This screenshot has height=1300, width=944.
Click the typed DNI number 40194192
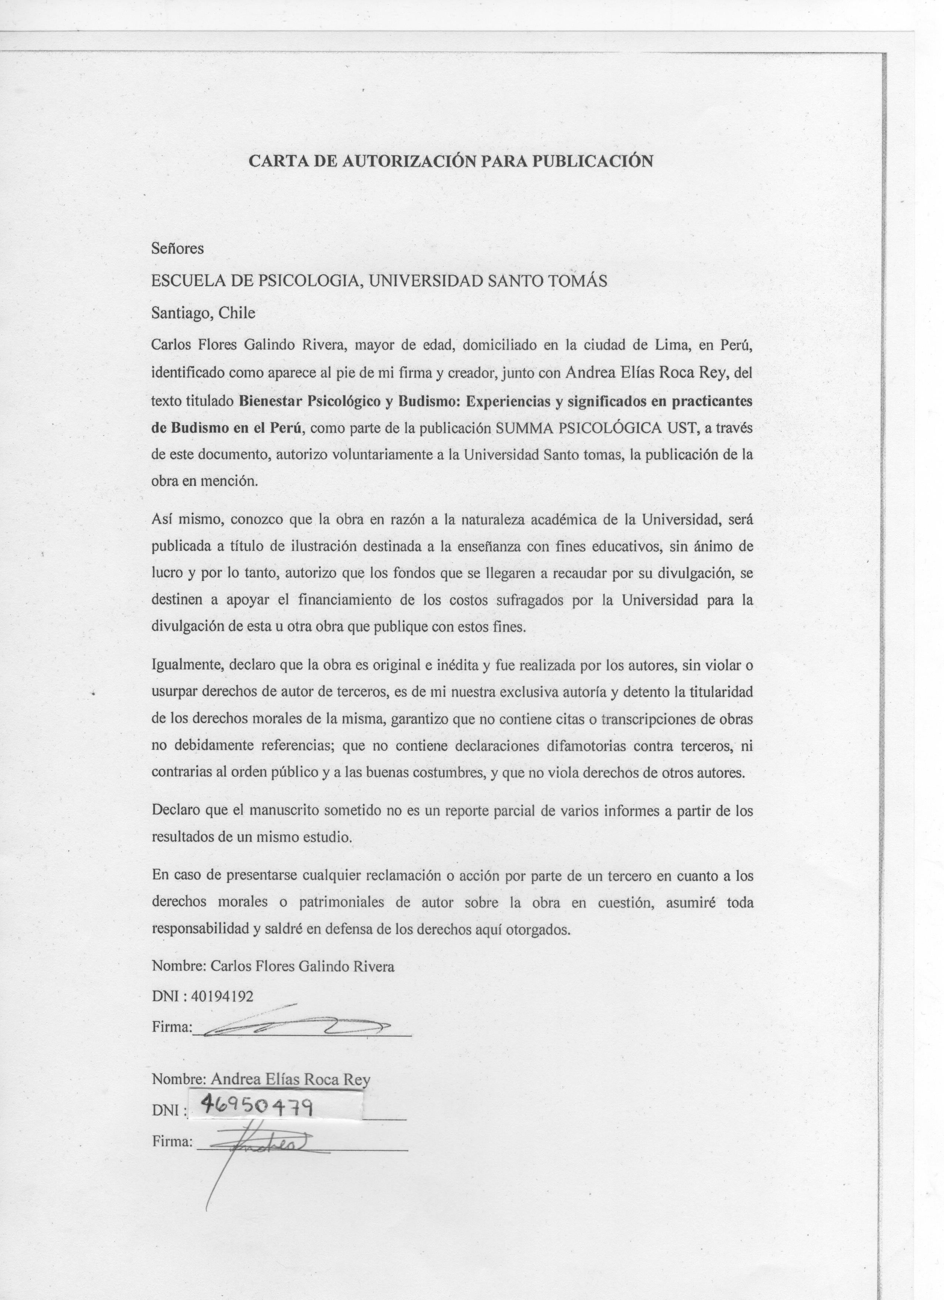[222, 996]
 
